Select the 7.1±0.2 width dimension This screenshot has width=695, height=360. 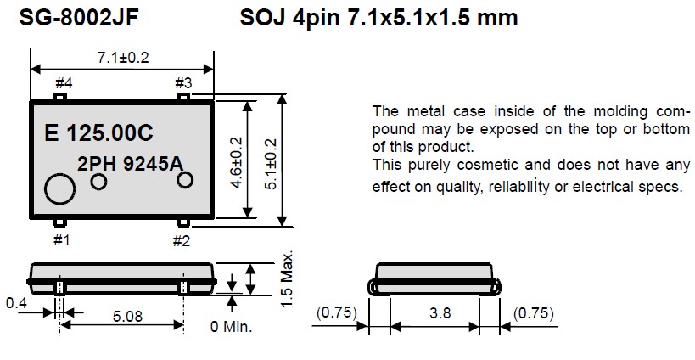(122, 57)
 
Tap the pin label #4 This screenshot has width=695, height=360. (64, 82)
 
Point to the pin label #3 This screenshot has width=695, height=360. (184, 82)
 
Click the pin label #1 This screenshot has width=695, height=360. (62, 240)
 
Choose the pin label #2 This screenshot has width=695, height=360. (181, 240)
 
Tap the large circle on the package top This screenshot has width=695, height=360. (61, 188)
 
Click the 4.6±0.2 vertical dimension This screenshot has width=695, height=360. (236, 162)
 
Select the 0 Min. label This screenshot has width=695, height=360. (232, 325)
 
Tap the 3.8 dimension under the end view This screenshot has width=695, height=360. (440, 313)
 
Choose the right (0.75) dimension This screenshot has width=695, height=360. (535, 313)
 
